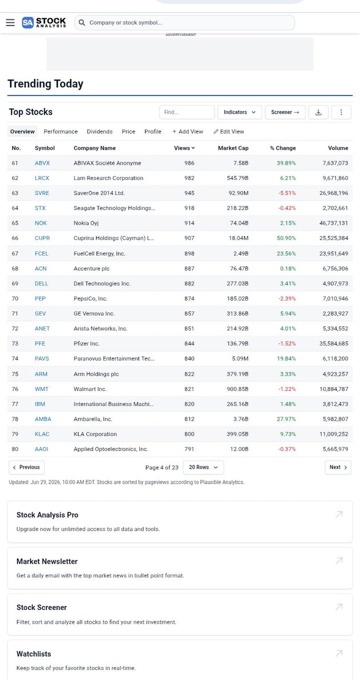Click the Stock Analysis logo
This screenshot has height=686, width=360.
coord(44,22)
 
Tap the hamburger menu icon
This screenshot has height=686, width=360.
coord(10,22)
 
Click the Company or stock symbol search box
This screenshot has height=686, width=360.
coord(185,23)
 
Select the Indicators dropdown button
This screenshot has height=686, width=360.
coord(239,112)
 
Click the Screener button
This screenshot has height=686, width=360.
coord(285,112)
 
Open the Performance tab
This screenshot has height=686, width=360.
coord(61,131)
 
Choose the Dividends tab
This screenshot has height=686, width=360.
coord(99,131)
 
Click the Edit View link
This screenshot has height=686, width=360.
coord(229,131)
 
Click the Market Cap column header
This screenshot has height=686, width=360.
coord(233,148)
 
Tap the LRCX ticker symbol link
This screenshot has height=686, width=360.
coord(42,178)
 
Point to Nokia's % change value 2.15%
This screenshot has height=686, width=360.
coord(288,223)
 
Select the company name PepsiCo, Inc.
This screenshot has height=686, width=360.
coord(90,298)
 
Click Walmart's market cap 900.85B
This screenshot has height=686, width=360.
coord(238,389)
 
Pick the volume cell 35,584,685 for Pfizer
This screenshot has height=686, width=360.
coord(334,344)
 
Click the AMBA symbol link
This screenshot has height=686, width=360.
coord(43,419)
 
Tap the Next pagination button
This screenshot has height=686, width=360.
coord(338,468)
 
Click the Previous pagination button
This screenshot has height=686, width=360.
coord(27,468)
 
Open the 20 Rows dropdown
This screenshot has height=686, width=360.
coord(203,468)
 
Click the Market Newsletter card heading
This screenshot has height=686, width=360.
coord(47,561)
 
